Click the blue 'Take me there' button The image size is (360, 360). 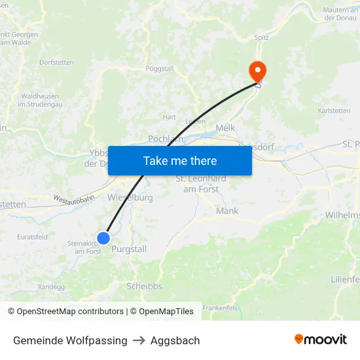click(x=179, y=160)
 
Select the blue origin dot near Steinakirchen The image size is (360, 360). click(x=103, y=238)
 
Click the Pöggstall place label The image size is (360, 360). click(x=159, y=68)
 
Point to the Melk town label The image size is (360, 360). click(x=225, y=128)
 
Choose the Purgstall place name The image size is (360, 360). click(x=129, y=249)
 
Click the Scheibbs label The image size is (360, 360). click(x=144, y=286)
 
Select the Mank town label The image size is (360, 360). click(x=227, y=211)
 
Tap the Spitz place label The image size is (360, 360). click(x=262, y=38)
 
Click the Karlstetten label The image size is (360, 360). click(x=334, y=111)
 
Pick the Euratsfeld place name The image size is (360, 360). click(x=33, y=237)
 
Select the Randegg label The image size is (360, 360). click(x=51, y=287)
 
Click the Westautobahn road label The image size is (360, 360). click(x=74, y=198)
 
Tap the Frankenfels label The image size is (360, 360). click(x=219, y=307)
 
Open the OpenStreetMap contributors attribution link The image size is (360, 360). click(x=70, y=312)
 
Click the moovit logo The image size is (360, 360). click(x=321, y=340)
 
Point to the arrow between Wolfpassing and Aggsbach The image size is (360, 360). click(x=139, y=340)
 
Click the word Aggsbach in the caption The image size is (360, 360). click(x=175, y=340)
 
